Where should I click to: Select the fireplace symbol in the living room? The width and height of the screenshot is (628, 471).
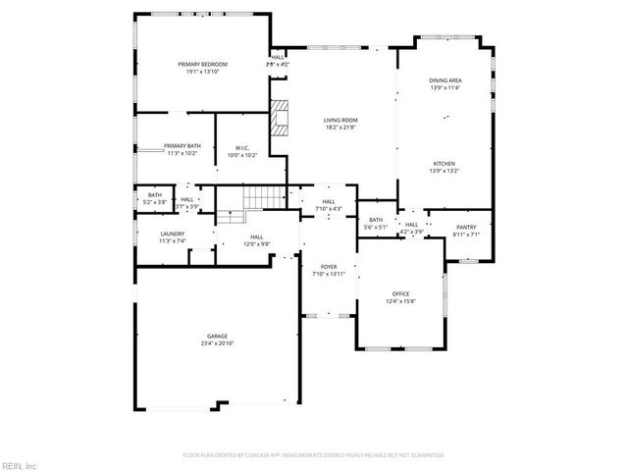click(282, 117)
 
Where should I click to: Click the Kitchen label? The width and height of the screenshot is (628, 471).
click(444, 164)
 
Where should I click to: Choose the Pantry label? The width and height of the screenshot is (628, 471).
click(465, 227)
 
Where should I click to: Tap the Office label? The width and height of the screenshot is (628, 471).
click(400, 293)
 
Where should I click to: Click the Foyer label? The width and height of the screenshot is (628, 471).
click(330, 266)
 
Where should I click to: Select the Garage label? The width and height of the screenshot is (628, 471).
click(217, 336)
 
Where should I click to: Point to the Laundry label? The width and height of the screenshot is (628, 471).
click(173, 233)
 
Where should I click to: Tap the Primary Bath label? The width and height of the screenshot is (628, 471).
click(183, 145)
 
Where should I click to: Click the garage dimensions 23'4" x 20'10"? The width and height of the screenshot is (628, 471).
click(217, 343)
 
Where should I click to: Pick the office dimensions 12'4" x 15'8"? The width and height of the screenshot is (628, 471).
click(400, 300)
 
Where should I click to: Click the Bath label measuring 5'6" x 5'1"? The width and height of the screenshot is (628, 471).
click(376, 220)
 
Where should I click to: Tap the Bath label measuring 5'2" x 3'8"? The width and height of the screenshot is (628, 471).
click(155, 194)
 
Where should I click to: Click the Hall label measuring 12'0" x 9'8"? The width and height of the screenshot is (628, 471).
click(255, 236)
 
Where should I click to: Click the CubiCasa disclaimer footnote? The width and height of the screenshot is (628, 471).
click(314, 455)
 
